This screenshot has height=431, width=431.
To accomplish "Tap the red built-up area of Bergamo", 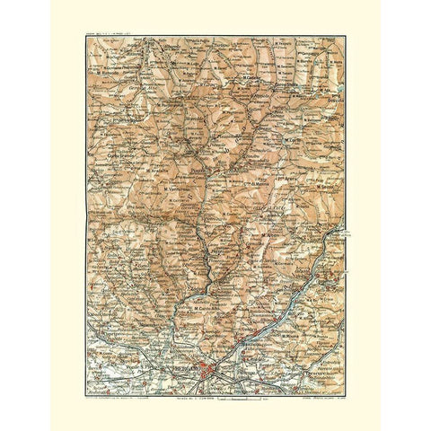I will point(208,368).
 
